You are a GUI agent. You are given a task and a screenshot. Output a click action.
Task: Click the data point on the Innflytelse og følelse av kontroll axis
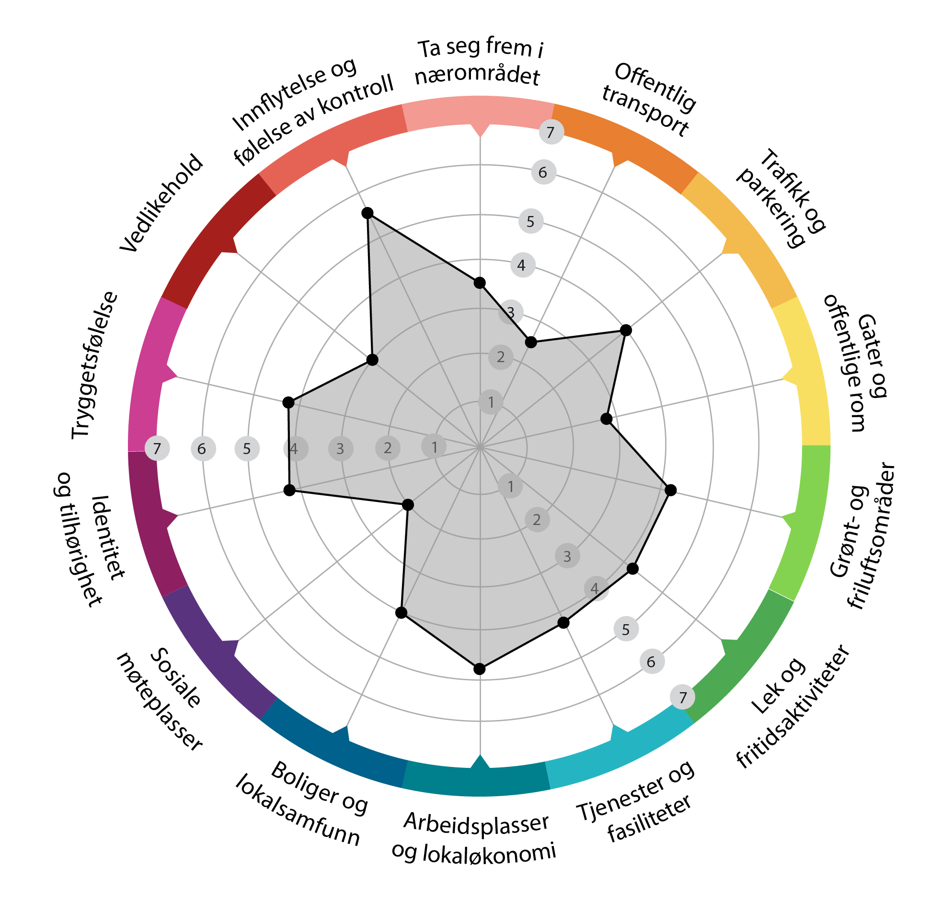pyautogui.click(x=367, y=213)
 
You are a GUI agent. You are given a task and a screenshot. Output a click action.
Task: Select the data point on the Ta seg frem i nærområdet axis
pyautogui.click(x=480, y=283)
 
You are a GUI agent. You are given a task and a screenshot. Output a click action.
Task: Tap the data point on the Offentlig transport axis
pyautogui.click(x=530, y=342)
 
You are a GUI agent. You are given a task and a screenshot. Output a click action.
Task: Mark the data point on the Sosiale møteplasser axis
pyautogui.click(x=408, y=505)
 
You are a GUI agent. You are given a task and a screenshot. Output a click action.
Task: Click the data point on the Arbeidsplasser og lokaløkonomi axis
pyautogui.click(x=480, y=669)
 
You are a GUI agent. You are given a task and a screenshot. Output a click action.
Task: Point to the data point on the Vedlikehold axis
pyautogui.click(x=372, y=360)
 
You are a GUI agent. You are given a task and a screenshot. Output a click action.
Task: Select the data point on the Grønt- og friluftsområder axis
pyautogui.click(x=671, y=490)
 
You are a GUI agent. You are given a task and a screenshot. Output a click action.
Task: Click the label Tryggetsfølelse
pyautogui.click(x=95, y=365)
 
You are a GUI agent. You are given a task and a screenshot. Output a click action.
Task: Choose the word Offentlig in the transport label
pyautogui.click(x=654, y=88)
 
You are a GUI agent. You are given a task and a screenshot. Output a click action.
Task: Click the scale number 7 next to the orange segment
pyautogui.click(x=550, y=132)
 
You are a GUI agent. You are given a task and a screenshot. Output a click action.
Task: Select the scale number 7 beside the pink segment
pyautogui.click(x=157, y=449)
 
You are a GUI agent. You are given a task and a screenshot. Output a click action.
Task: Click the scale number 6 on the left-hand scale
pyautogui.click(x=202, y=449)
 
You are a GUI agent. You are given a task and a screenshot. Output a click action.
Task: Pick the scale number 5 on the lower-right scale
pyautogui.click(x=625, y=629)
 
